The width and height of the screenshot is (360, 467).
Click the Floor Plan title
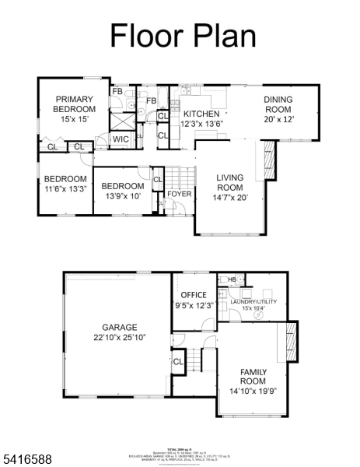tap(182, 35)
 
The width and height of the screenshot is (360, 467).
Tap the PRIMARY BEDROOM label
tap(74, 104)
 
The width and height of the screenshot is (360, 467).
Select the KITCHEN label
tap(201, 114)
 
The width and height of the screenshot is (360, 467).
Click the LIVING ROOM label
tap(229, 183)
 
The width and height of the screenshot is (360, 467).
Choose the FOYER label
tap(180, 194)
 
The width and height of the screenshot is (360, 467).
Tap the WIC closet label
tap(121, 139)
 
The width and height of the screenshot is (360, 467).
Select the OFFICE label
tap(193, 295)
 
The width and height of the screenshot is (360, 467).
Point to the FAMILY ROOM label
tap(253, 377)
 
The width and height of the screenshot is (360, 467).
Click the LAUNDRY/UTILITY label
tap(253, 301)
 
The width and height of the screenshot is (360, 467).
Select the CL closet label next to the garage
tap(177, 361)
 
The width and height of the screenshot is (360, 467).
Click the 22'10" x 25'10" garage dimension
tap(120, 337)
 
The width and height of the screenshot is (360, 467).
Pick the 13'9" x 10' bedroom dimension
tap(122, 196)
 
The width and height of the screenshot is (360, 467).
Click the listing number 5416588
tap(27, 460)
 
